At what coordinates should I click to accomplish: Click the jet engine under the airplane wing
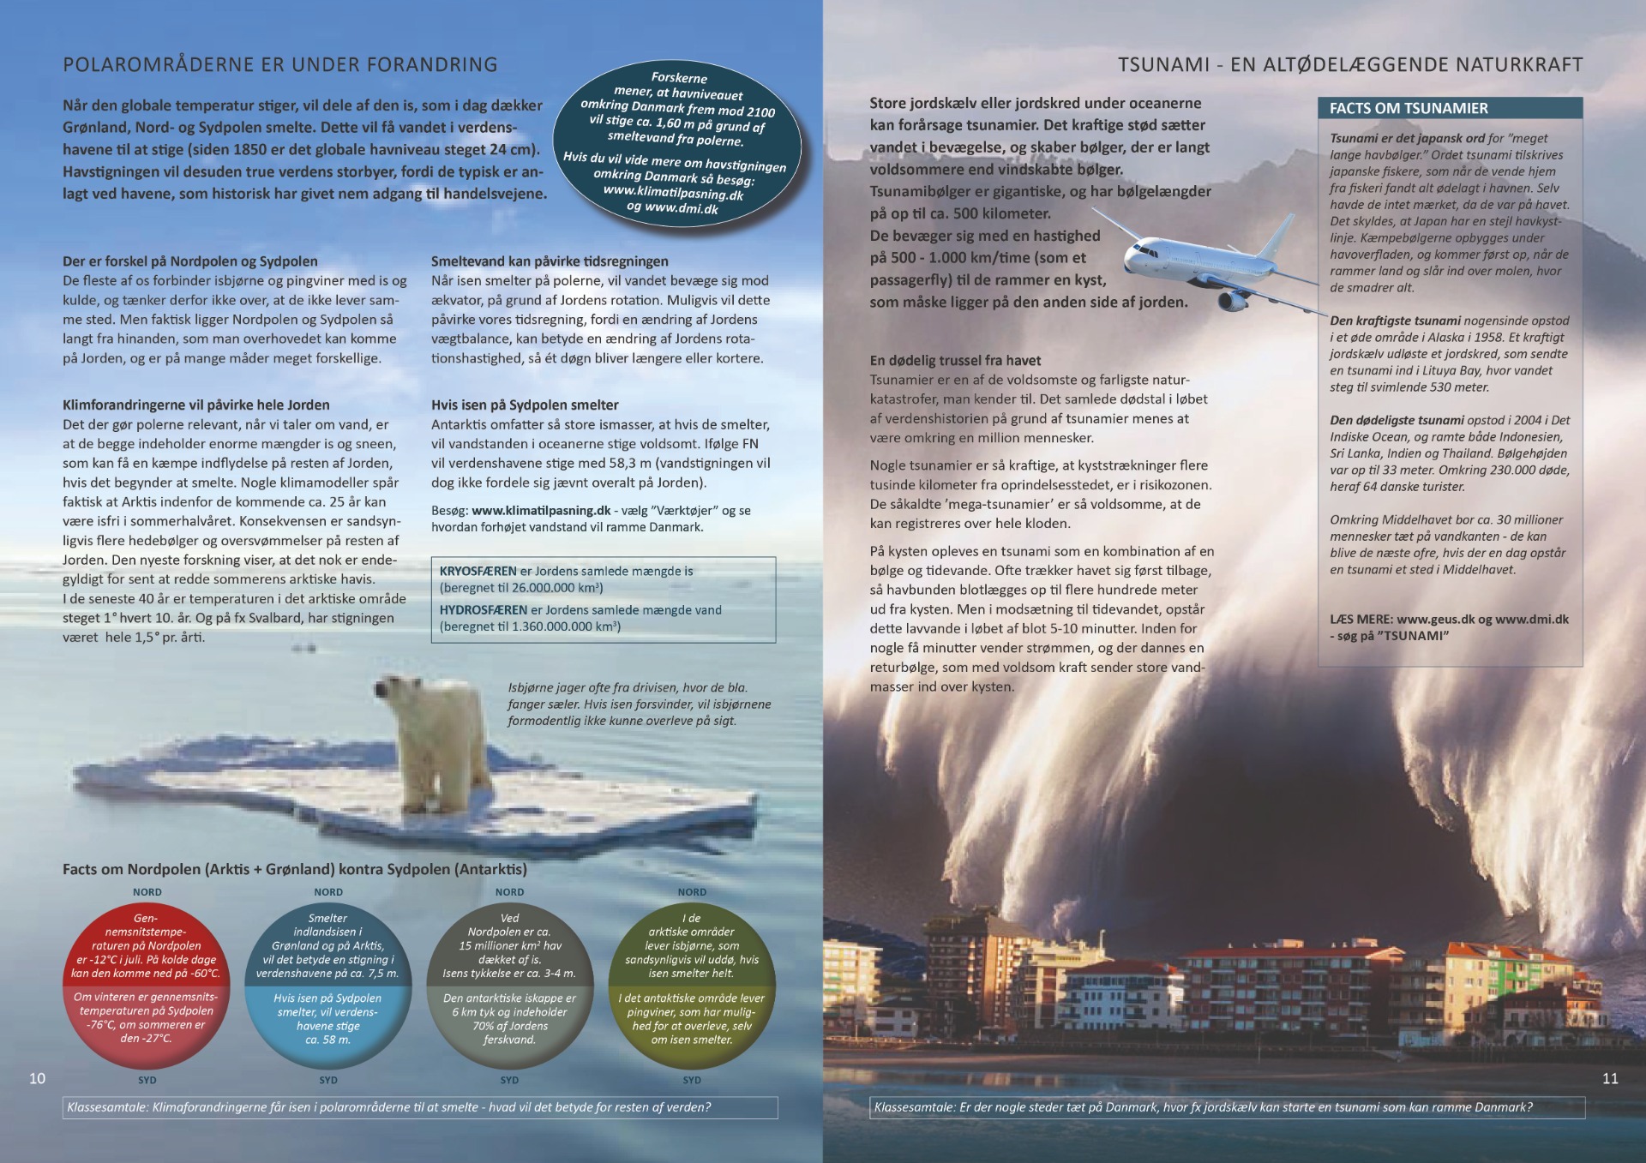tap(1231, 300)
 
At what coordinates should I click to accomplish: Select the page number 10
tap(37, 1078)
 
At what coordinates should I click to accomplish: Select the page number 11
tap(1610, 1078)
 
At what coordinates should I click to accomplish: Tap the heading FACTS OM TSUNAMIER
tap(1409, 108)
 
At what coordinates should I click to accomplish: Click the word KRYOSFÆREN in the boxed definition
tap(478, 571)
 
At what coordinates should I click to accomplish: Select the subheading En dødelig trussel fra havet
tap(955, 361)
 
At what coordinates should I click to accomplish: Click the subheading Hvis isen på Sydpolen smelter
tap(525, 405)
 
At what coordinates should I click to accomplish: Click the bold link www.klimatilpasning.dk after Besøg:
tap(541, 511)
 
